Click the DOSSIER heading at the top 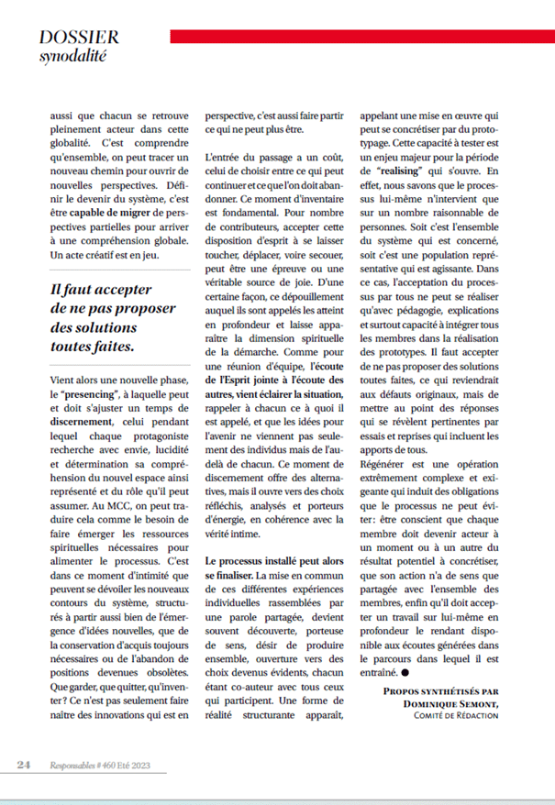pos(79,37)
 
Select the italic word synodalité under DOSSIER pos(73,56)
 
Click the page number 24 pos(26,764)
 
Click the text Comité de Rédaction pos(451,715)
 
